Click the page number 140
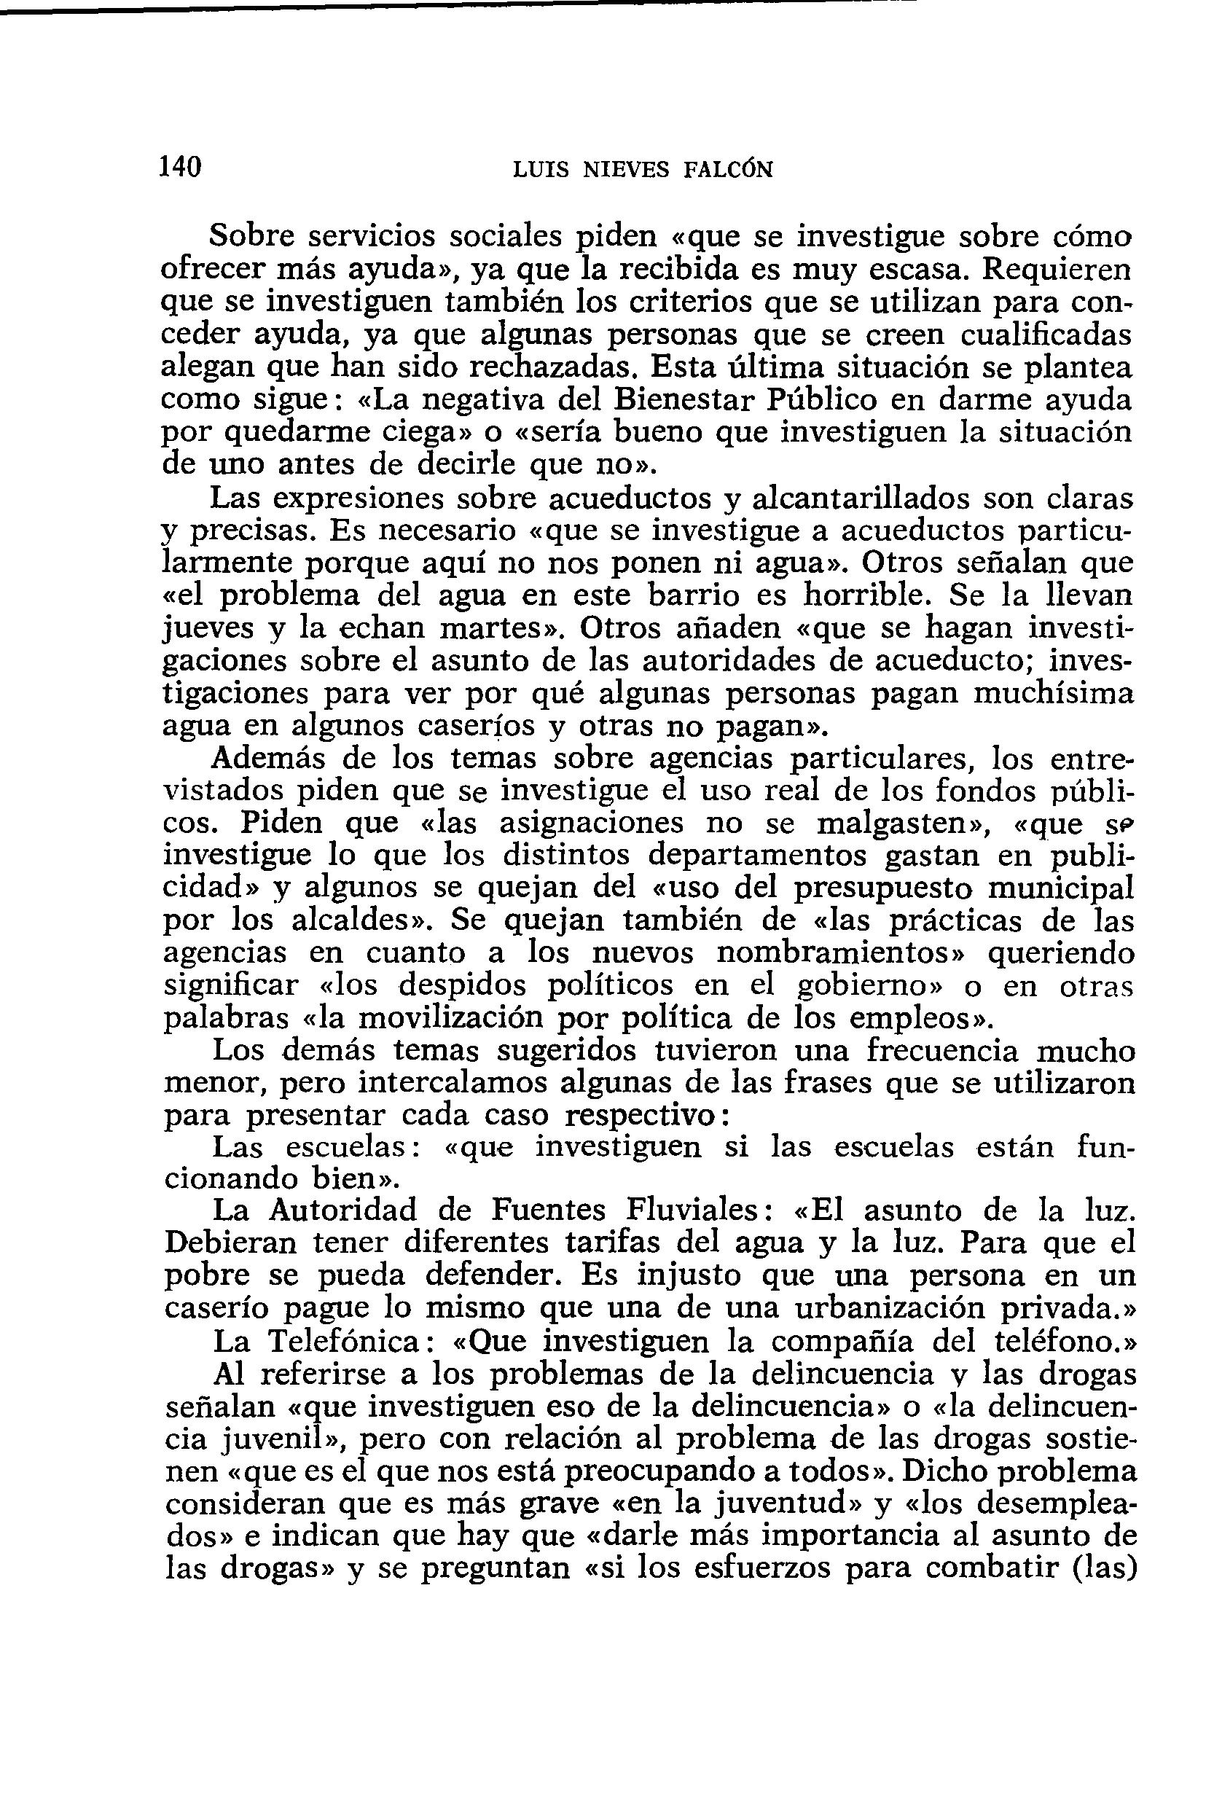[181, 166]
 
